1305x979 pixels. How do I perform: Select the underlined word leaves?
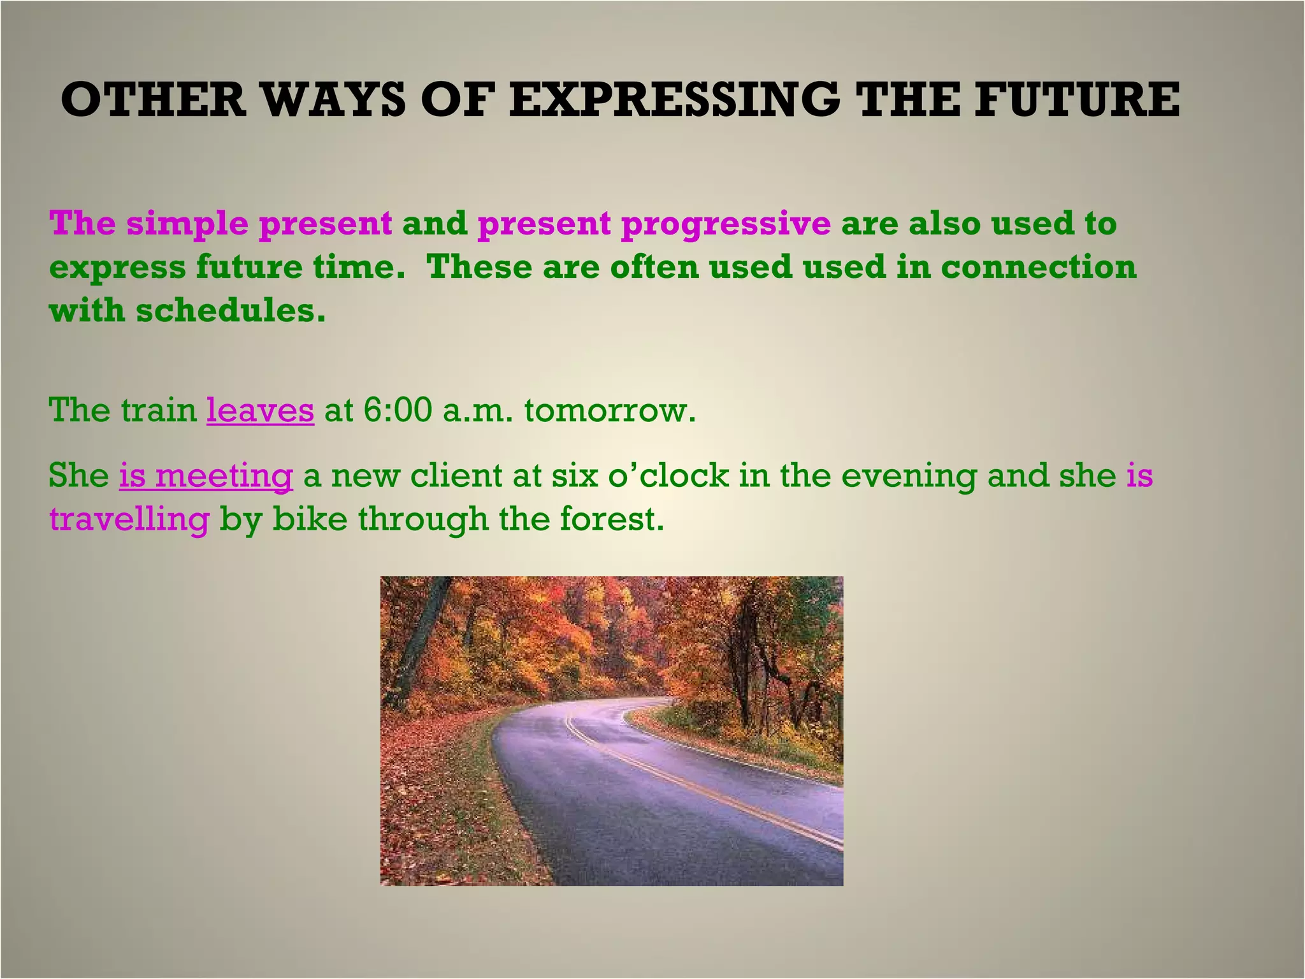pos(260,410)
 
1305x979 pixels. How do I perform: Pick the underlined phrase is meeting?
pos(206,475)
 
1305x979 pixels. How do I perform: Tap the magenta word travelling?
pos(129,519)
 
